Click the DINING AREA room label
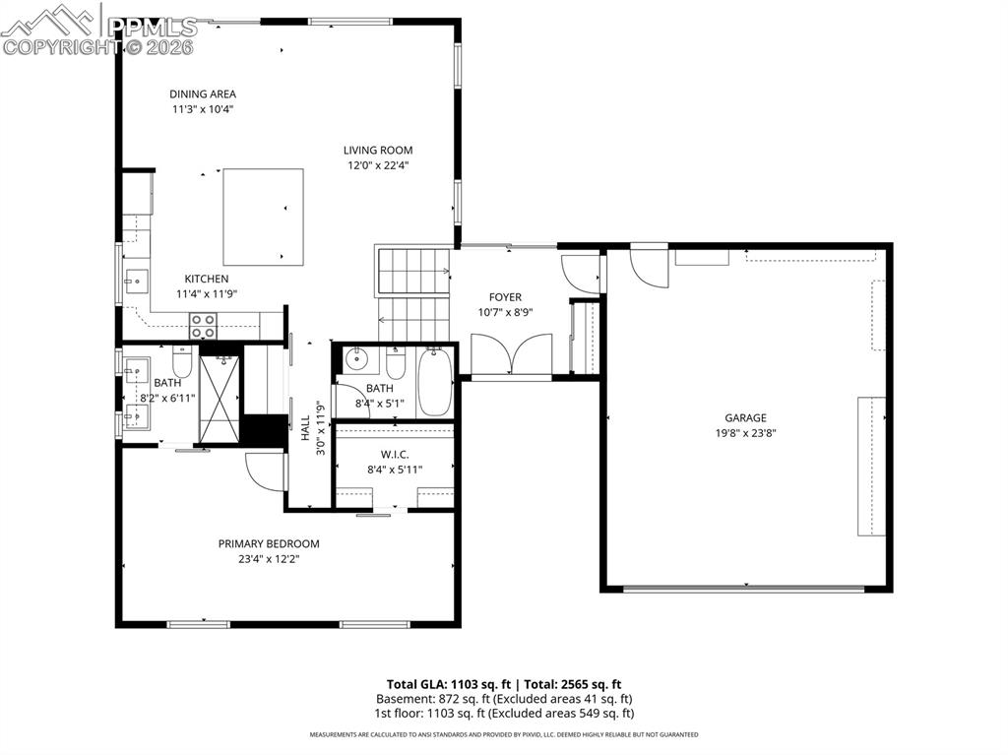coord(202,94)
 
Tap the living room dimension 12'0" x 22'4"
coord(377,165)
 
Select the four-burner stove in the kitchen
coord(204,326)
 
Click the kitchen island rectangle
coord(263,217)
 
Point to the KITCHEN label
coord(207,280)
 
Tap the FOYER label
coord(505,297)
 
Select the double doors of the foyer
coord(511,355)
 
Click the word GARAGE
coord(745,418)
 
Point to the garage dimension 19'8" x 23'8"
coord(745,433)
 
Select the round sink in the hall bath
coord(355,359)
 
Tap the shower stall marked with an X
coord(220,390)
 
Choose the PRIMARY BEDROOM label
coord(269,543)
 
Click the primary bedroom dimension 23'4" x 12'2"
coord(269,558)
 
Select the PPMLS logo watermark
coord(98,30)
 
